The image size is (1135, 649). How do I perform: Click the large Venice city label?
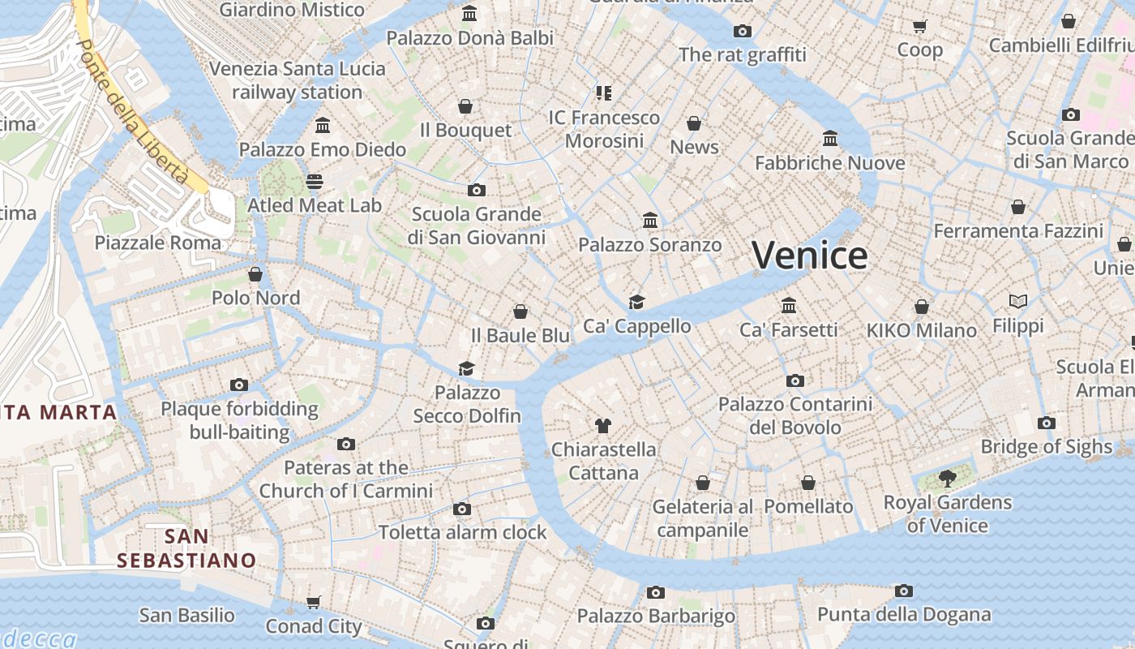point(809,256)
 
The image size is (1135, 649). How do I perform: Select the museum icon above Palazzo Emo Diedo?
point(323,126)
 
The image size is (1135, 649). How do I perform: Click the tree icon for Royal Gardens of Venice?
point(947,479)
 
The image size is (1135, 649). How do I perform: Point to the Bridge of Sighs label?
point(1046,447)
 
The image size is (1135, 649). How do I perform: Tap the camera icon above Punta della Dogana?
point(904,591)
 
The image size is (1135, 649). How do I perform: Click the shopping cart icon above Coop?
point(919,26)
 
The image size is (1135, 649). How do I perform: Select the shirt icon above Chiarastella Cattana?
point(602,425)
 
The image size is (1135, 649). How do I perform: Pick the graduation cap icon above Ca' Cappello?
point(637,303)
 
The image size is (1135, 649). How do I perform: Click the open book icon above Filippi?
point(1018,302)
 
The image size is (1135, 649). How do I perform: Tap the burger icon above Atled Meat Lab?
point(315,181)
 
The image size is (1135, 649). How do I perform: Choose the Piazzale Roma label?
point(157,243)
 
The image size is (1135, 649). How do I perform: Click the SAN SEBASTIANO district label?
point(186,548)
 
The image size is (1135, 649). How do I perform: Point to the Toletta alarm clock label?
point(463,533)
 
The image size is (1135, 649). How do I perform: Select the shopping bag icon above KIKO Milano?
point(922,307)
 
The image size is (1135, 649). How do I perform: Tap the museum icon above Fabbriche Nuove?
point(830,139)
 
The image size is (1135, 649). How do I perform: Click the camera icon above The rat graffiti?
point(743,31)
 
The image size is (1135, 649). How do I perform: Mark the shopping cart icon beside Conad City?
point(314,602)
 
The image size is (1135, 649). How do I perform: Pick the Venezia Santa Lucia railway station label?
point(297,80)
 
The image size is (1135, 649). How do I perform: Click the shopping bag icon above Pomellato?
point(808,483)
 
